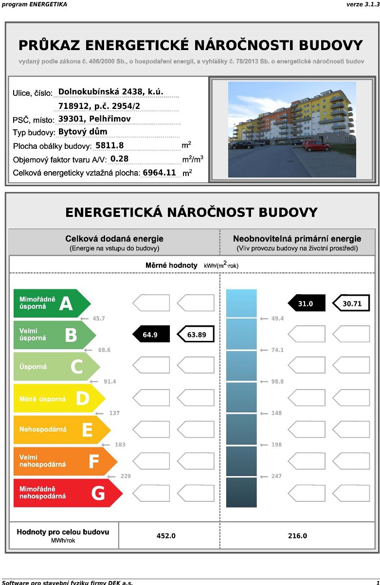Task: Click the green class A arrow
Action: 52,303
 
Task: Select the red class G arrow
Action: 67,493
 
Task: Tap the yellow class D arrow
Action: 59,398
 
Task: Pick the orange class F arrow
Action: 65,461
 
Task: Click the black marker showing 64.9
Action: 151,335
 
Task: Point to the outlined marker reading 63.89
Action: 196,335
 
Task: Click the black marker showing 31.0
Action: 307,303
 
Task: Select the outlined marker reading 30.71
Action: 351,303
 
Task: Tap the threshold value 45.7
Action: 99,319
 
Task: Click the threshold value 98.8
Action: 277,382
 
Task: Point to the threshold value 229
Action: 126,476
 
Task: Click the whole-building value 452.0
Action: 166,536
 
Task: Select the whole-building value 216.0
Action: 298,536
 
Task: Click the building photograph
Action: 292,129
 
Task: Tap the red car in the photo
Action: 316,145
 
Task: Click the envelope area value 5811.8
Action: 109,145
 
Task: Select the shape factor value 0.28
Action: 120,159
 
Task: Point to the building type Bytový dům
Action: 83,132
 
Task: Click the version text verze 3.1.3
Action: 362,4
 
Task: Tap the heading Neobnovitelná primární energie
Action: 297,239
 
